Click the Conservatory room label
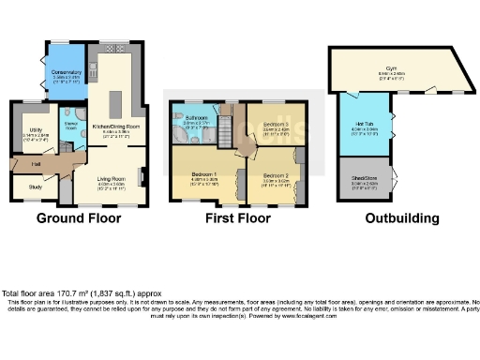[67, 71]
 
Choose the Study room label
[35, 187]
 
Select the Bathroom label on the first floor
[195, 118]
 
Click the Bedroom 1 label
[203, 175]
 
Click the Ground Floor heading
[78, 219]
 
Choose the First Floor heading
[238, 219]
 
